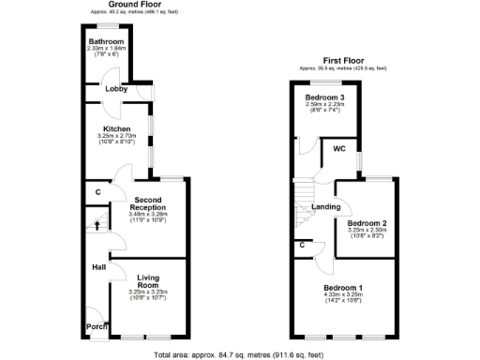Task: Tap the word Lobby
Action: [116, 89]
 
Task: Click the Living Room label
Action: [149, 281]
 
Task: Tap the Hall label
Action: [98, 268]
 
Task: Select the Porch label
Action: [94, 328]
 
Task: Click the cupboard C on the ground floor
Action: [97, 193]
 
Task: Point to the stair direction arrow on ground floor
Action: [95, 224]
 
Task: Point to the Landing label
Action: [325, 206]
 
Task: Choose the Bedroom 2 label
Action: [367, 223]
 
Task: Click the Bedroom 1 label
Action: [344, 286]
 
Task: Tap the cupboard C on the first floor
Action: [303, 246]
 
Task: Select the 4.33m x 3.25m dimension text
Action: [344, 294]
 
